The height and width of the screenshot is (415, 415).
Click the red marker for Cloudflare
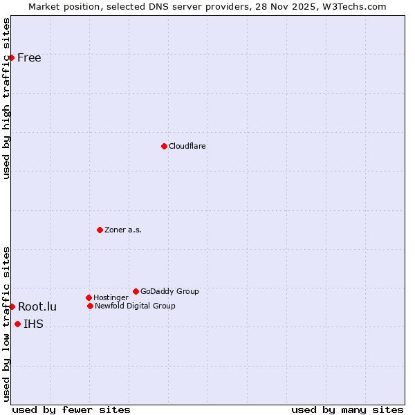pyautogui.click(x=164, y=146)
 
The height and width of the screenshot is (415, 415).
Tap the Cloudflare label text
pyautogui.click(x=187, y=146)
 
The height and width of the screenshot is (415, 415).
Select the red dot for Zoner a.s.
pyautogui.click(x=100, y=230)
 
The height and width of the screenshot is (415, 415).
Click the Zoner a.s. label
pyautogui.click(x=123, y=230)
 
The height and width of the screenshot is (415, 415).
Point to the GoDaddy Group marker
pyautogui.click(x=136, y=291)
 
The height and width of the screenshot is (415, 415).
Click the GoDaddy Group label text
pyautogui.click(x=169, y=291)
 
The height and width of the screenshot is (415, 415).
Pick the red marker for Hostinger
pyautogui.click(x=89, y=297)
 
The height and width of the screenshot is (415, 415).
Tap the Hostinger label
pyautogui.click(x=111, y=297)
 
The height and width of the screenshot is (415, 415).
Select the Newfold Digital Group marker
pyautogui.click(x=90, y=306)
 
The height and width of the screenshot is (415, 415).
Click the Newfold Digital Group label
pyautogui.click(x=135, y=306)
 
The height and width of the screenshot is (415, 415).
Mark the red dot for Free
pyautogui.click(x=12, y=57)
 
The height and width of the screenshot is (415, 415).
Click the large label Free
pyautogui.click(x=29, y=57)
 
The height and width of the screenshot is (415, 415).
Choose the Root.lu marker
pyautogui.click(x=12, y=306)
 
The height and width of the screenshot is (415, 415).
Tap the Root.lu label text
pyautogui.click(x=37, y=306)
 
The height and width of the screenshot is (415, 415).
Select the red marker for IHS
pyautogui.click(x=17, y=324)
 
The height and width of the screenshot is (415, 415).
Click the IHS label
pyautogui.click(x=33, y=324)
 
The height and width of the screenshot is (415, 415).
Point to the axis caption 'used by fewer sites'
pyautogui.click(x=71, y=409)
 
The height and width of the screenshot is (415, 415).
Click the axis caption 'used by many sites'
pyautogui.click(x=347, y=409)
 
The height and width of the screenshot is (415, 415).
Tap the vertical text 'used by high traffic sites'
pyautogui.click(x=6, y=98)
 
